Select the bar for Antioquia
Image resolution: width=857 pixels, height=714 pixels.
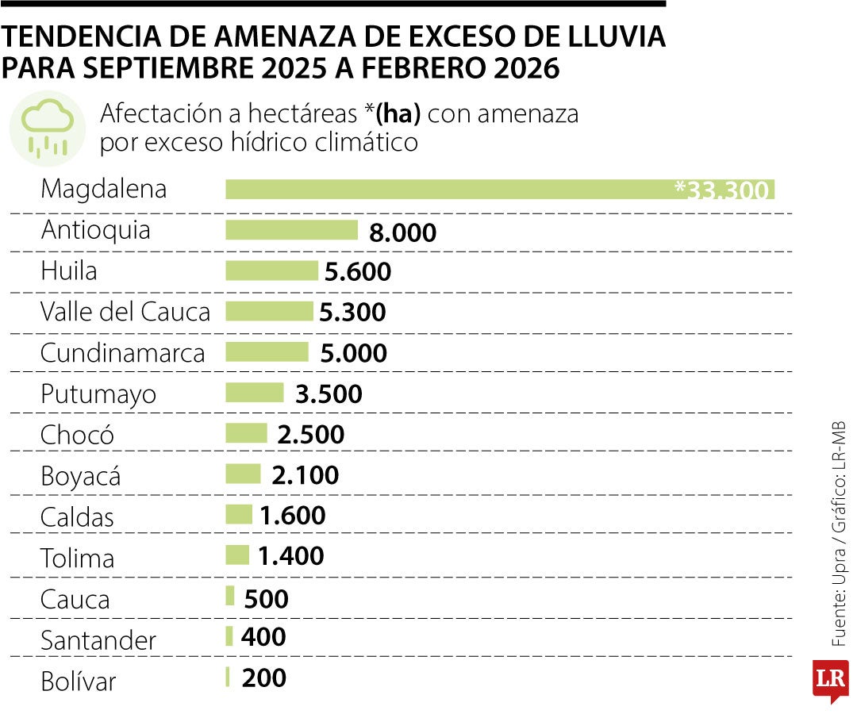pos(292,230)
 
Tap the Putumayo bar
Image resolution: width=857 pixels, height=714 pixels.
pos(255,393)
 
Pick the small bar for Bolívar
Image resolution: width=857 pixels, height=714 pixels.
pos(228,678)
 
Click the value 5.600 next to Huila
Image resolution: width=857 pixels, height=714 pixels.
pos(358,272)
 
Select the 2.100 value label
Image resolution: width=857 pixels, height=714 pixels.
pos(305,475)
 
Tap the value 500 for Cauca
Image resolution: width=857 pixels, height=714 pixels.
pos(267,598)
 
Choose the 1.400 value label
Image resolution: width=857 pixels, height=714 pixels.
pos(291,557)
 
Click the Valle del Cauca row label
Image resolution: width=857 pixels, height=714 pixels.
pos(125,312)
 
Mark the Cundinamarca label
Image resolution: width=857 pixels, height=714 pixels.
pos(123,353)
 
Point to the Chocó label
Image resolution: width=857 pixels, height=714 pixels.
pos(78,435)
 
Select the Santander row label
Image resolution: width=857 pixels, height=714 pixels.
pos(98,639)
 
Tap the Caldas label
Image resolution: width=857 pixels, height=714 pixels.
pos(78,517)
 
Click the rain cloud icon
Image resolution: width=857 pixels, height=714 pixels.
pos(47,128)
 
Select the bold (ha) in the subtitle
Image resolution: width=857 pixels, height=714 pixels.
pos(398,114)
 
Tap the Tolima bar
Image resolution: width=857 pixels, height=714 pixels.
pos(237,555)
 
